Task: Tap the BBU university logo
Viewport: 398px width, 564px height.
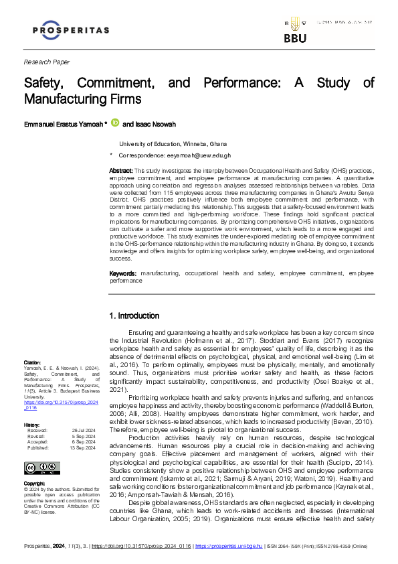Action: pos(294,32)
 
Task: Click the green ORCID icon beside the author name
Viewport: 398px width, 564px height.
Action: pos(114,123)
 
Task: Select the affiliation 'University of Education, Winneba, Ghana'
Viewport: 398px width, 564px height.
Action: pos(173,144)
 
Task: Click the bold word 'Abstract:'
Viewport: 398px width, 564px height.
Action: pos(120,171)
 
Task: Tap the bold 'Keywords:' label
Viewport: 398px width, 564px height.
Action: pos(123,274)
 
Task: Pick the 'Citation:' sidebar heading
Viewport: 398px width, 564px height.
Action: pos(33,362)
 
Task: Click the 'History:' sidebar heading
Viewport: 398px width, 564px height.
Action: pos(32,407)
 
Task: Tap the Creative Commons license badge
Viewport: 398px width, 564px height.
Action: pos(39,449)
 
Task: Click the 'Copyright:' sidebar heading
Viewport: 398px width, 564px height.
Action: pos(35,464)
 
